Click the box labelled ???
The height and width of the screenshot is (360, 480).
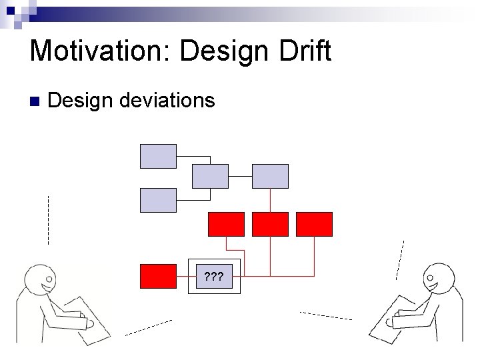click(213, 276)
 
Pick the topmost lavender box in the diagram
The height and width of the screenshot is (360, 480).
click(158, 156)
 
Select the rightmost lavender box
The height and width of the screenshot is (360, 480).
click(270, 176)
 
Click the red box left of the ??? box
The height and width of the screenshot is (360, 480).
click(158, 276)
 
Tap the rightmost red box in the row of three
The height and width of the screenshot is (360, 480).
click(314, 224)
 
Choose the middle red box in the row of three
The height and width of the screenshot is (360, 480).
click(270, 224)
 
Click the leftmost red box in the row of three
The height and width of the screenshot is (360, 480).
click(226, 224)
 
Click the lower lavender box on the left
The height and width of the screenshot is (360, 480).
click(158, 200)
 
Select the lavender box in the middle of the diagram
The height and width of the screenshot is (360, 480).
click(210, 176)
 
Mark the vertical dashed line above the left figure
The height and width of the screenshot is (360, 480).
click(48, 220)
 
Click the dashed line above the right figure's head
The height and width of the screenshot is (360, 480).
click(400, 260)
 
